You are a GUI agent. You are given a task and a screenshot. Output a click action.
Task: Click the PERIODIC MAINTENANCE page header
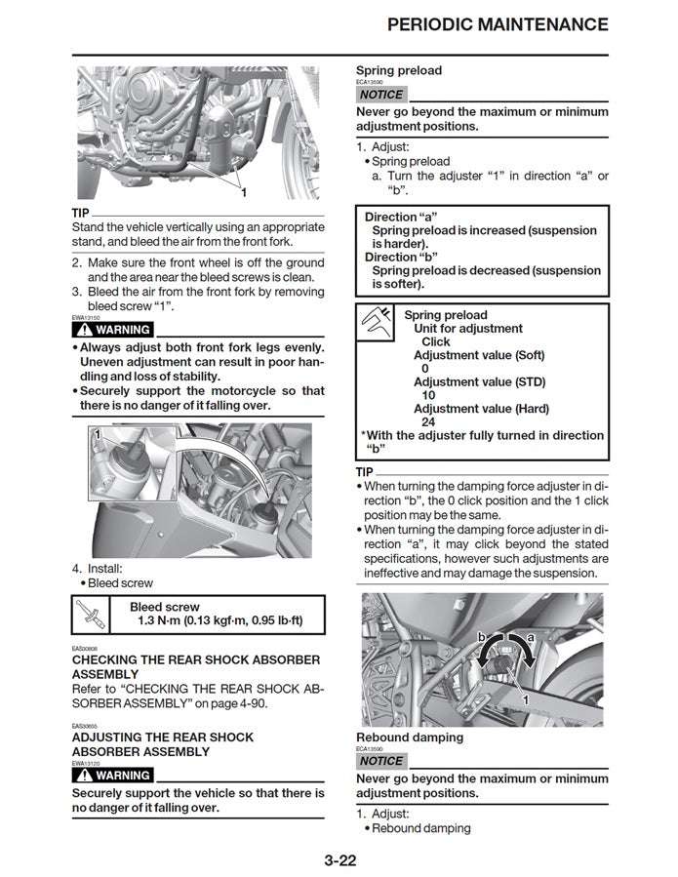[498, 24]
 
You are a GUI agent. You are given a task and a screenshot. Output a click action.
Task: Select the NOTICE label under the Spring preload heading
[380, 95]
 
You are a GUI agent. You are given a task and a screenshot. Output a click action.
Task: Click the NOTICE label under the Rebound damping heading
[380, 761]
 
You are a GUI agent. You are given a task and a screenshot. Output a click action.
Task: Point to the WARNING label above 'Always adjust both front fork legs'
[113, 330]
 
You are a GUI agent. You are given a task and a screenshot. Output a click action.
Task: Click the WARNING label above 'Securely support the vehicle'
[113, 776]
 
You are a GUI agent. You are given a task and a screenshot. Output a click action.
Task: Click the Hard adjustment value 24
[428, 422]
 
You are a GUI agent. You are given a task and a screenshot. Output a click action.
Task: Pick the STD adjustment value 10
[428, 396]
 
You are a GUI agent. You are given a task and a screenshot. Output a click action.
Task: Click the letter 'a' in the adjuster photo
[531, 637]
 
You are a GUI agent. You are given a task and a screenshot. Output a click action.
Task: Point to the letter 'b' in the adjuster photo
[481, 637]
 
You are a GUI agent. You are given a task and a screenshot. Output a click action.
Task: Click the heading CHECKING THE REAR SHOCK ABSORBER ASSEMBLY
[195, 666]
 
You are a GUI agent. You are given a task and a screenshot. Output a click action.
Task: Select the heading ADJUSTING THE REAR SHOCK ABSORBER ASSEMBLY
[163, 744]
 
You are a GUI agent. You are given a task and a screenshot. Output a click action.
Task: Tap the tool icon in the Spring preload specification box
[377, 322]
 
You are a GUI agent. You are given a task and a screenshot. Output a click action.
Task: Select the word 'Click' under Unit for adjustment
[435, 342]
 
